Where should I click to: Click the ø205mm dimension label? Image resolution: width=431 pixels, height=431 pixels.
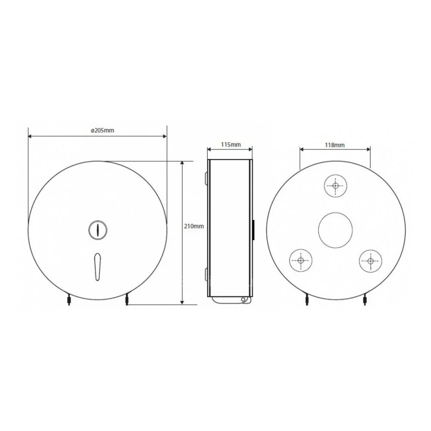pos(103,130)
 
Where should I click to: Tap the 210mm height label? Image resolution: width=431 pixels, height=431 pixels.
pos(194,226)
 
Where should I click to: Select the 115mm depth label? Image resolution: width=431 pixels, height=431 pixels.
pos(231,144)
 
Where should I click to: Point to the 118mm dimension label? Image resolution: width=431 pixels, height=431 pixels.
pos(334,145)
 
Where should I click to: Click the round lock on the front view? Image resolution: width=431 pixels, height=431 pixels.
pos(97,230)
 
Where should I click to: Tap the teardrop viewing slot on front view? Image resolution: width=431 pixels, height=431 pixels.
pos(97,266)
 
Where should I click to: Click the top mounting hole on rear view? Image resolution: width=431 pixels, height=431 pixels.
pos(335,186)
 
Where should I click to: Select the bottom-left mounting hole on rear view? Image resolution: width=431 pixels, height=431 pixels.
pos(300,260)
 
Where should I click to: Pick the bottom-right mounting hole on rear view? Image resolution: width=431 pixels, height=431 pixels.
pos(371,261)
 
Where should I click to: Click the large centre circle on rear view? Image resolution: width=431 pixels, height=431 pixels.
pos(335,230)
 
